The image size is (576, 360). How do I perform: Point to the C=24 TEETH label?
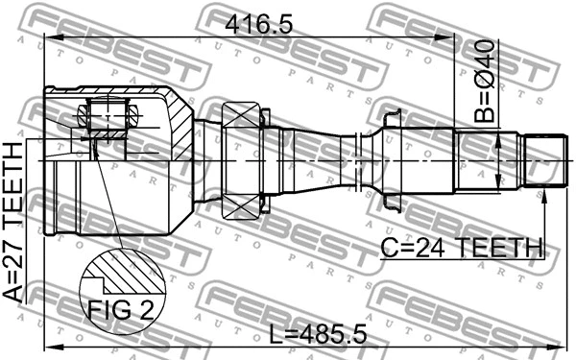(x=461, y=248)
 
